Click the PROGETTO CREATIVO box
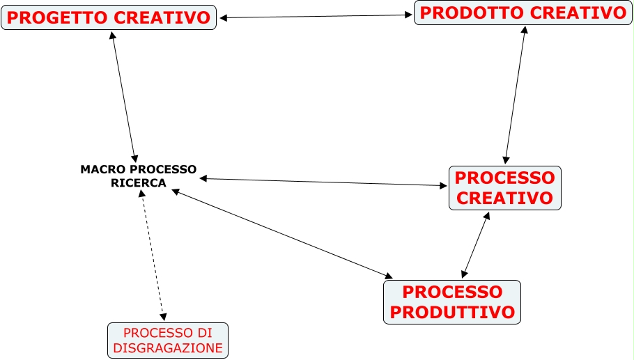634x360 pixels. tap(109, 17)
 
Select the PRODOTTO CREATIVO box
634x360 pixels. tap(523, 13)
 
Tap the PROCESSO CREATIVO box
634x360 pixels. tap(504, 187)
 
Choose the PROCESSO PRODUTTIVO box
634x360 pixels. tap(451, 302)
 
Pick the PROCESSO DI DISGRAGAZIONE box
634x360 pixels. tap(168, 340)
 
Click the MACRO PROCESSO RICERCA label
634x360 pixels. tap(139, 175)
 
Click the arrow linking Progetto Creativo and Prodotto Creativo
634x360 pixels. tap(316, 16)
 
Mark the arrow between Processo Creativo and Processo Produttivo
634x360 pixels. tap(475, 245)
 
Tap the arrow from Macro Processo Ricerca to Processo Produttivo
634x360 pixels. tap(282, 233)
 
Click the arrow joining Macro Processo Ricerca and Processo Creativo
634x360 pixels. tap(323, 182)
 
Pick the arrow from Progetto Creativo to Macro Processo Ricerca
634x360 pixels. tap(124, 96)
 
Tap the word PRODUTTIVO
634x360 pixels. tap(451, 311)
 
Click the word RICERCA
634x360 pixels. tap(139, 183)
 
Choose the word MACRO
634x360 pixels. tap(100, 169)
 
